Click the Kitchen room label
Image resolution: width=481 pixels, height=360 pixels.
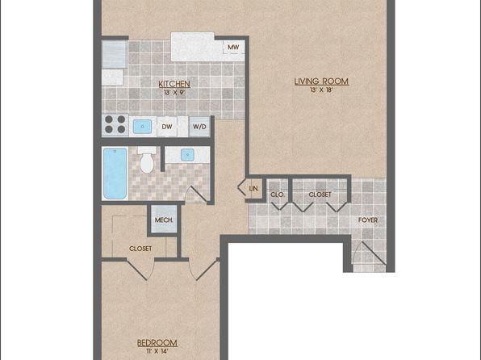tap(174, 84)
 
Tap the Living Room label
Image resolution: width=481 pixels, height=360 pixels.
tap(321, 82)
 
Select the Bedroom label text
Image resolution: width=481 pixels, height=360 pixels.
tap(157, 343)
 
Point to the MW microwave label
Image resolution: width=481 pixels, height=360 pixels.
tap(233, 48)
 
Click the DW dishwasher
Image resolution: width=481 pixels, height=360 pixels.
tap(167, 127)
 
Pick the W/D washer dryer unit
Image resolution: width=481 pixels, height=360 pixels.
tap(199, 127)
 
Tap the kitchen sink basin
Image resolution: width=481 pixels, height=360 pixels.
tap(142, 127)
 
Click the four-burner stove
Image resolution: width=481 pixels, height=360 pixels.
tap(115, 124)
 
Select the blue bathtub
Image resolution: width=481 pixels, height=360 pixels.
tap(115, 174)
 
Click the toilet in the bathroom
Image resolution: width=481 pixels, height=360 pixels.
tap(147, 160)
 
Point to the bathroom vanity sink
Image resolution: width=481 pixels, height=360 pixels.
tap(187, 155)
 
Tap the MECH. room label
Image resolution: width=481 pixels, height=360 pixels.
tap(164, 220)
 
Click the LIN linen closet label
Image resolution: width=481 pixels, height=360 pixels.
tap(253, 188)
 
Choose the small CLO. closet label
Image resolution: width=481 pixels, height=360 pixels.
tap(278, 195)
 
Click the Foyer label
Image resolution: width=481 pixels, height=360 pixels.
tap(368, 220)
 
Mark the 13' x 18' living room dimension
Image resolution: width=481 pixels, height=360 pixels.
tap(321, 90)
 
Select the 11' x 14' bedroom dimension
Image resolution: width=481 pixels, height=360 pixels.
tap(157, 351)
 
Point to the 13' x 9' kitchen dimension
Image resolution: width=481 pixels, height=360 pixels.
tap(174, 92)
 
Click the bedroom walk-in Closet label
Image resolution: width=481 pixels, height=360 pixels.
tap(140, 249)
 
